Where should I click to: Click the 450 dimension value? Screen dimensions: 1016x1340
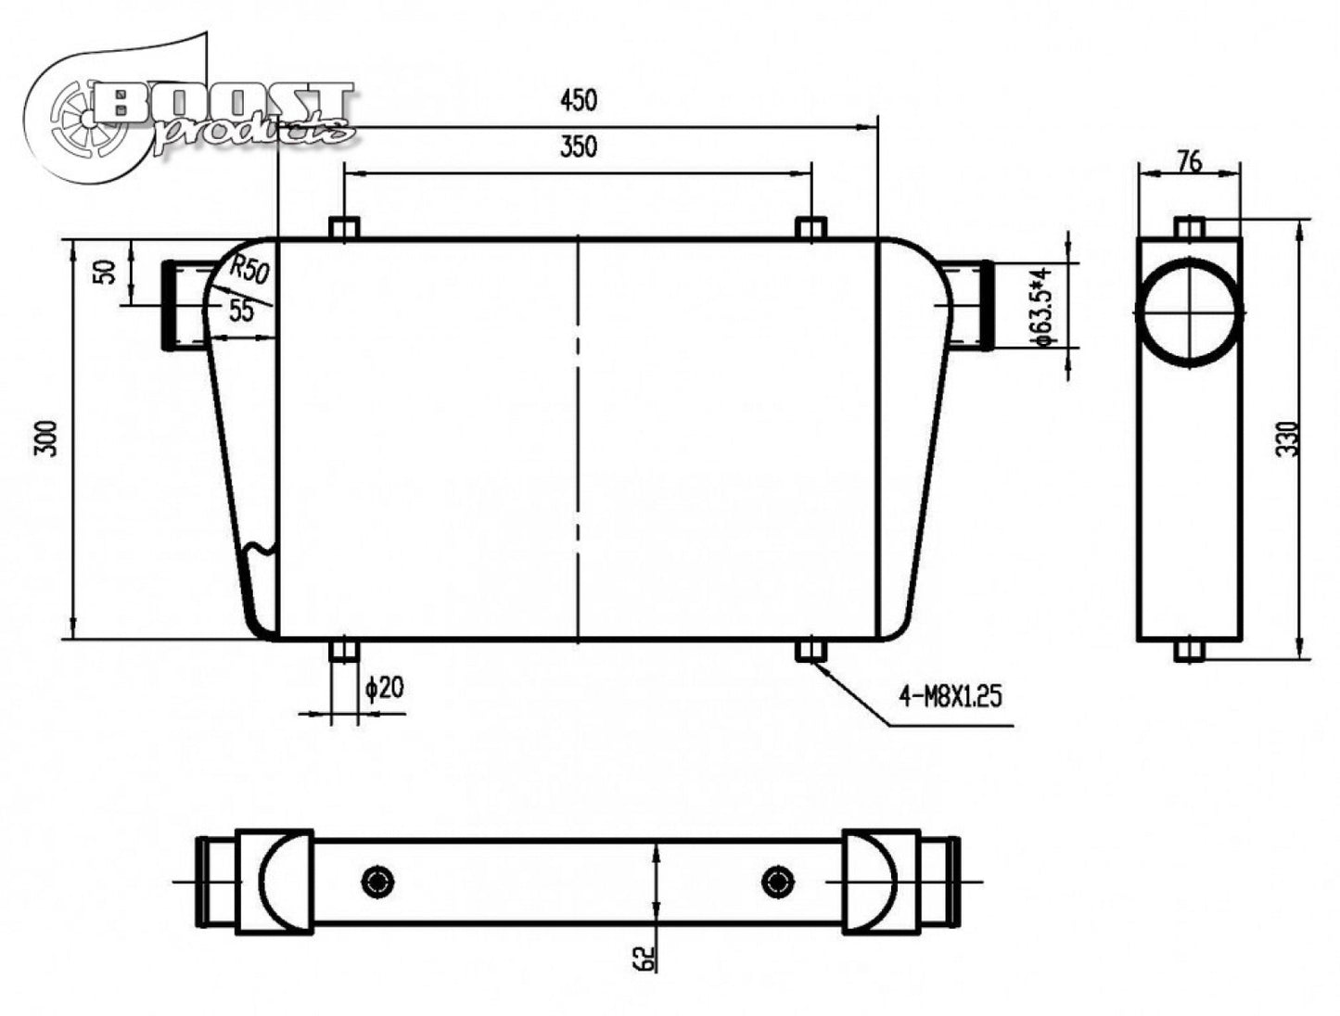click(578, 100)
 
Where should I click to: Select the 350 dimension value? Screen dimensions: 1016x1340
click(578, 146)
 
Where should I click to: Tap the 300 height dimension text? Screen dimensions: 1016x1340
click(47, 438)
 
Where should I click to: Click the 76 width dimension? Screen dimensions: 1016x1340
click(1189, 161)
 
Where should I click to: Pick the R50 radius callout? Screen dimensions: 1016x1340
click(249, 270)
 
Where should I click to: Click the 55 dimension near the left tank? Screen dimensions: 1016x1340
click(241, 311)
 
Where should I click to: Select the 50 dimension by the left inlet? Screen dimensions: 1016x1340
click(107, 272)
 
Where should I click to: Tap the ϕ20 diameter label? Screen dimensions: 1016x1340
click(385, 688)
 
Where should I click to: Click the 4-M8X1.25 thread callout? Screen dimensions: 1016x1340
click(951, 695)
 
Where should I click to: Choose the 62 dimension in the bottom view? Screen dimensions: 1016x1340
click(647, 958)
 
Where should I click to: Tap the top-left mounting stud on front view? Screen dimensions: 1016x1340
click(344, 229)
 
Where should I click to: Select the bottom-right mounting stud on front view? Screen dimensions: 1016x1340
click(811, 650)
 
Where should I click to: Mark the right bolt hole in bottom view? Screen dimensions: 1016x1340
click(776, 882)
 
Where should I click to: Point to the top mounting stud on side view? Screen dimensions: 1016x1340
click(1190, 227)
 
